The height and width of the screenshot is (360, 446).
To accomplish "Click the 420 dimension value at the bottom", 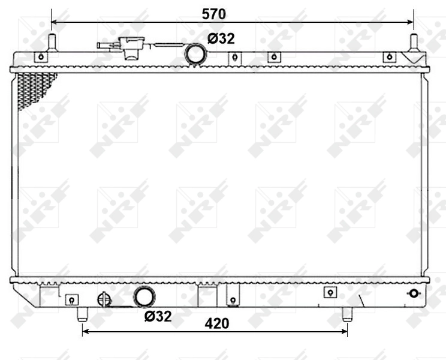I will click(x=217, y=323).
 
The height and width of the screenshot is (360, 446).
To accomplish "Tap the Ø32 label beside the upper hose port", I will click(x=221, y=39).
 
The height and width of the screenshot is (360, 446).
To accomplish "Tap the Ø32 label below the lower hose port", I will click(x=158, y=316).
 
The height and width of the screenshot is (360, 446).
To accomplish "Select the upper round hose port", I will click(x=195, y=54).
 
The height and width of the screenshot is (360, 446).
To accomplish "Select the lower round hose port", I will click(x=144, y=297).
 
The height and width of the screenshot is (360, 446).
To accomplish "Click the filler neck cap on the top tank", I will click(x=128, y=47).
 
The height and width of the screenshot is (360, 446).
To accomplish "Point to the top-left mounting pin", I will click(x=52, y=43).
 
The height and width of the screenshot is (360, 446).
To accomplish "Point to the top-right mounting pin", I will click(x=413, y=43).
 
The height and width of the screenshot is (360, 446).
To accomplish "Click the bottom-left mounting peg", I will click(x=82, y=314).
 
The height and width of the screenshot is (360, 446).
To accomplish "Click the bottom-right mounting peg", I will click(x=346, y=314).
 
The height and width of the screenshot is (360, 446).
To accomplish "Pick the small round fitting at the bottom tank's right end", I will click(x=412, y=294).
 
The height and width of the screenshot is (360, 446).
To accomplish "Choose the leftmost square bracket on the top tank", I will click(x=41, y=58).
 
